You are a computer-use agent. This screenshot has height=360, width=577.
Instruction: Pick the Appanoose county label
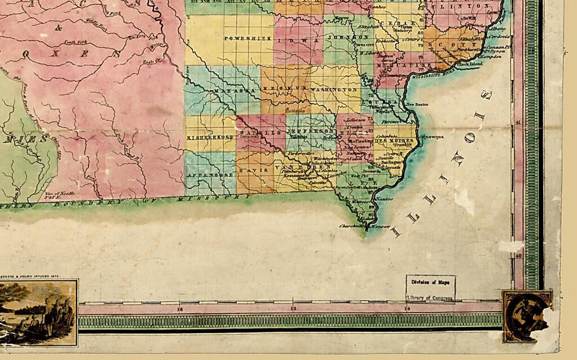(210, 175)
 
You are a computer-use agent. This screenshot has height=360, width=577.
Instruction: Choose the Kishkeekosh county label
(210, 137)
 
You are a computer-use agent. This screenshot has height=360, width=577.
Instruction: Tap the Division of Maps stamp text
(430, 282)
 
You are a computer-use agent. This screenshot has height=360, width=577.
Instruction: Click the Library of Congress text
(430, 297)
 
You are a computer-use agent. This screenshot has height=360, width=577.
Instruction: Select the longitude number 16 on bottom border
(180, 309)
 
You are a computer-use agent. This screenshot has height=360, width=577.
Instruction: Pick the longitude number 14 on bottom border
(406, 309)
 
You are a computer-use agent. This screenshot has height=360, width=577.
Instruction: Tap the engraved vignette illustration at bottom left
(39, 313)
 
